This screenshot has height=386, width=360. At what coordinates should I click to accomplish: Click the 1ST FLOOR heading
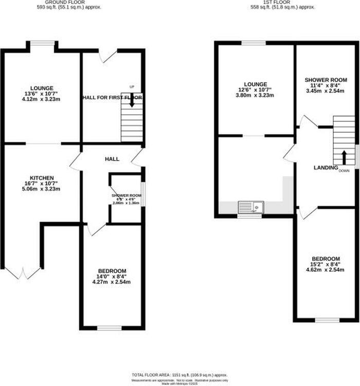point(282,2)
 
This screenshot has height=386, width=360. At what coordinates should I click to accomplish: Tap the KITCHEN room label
point(42,178)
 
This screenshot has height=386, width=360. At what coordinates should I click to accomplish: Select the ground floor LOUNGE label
point(42,88)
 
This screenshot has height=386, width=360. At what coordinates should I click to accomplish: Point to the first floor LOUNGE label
point(256,84)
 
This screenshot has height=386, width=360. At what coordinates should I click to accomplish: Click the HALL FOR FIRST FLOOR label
point(112,97)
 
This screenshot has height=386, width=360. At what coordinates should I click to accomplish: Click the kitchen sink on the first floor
point(250,207)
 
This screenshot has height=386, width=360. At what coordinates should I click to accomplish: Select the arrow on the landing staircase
point(344,156)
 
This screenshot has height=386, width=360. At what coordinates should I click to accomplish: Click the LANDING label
point(326,168)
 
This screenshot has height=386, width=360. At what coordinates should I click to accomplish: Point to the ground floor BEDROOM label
point(112,271)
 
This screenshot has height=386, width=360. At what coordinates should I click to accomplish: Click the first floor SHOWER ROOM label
point(326,80)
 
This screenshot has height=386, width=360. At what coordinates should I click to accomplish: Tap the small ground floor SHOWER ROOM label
point(126,196)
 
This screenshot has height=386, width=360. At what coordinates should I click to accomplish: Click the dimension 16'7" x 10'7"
point(42,183)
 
